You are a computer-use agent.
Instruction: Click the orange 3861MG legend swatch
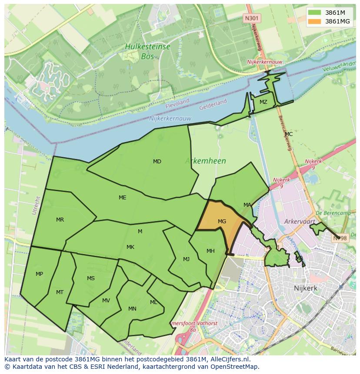pyautogui.click(x=314, y=21)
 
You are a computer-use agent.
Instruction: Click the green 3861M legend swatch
pyautogui.click(x=314, y=13)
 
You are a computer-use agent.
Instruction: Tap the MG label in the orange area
pyautogui.click(x=222, y=222)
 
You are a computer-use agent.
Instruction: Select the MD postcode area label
pyautogui.click(x=157, y=162)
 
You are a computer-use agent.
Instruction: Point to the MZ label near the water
pyautogui.click(x=263, y=102)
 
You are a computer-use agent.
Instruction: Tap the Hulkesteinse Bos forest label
pyautogui.click(x=147, y=51)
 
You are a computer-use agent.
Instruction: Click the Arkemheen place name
pyautogui.click(x=205, y=161)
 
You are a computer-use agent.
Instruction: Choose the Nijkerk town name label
pyautogui.click(x=305, y=288)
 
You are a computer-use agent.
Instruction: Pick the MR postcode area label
pyautogui.click(x=60, y=220)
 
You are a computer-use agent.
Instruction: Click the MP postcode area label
pyautogui.click(x=39, y=274)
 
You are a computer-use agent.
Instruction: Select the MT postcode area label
pyautogui.click(x=60, y=292)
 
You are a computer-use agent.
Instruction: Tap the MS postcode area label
pyautogui.click(x=90, y=278)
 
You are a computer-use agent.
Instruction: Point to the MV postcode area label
pyautogui.click(x=106, y=301)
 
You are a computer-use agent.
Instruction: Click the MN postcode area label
pyautogui.click(x=132, y=309)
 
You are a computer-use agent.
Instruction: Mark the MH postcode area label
pyautogui.click(x=210, y=251)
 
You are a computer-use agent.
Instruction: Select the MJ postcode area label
pyautogui.click(x=186, y=259)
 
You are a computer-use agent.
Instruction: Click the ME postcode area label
pyautogui.click(x=123, y=198)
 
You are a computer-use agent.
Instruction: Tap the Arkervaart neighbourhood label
pyautogui.click(x=299, y=222)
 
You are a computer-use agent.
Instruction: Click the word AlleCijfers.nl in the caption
pyautogui.click(x=228, y=360)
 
